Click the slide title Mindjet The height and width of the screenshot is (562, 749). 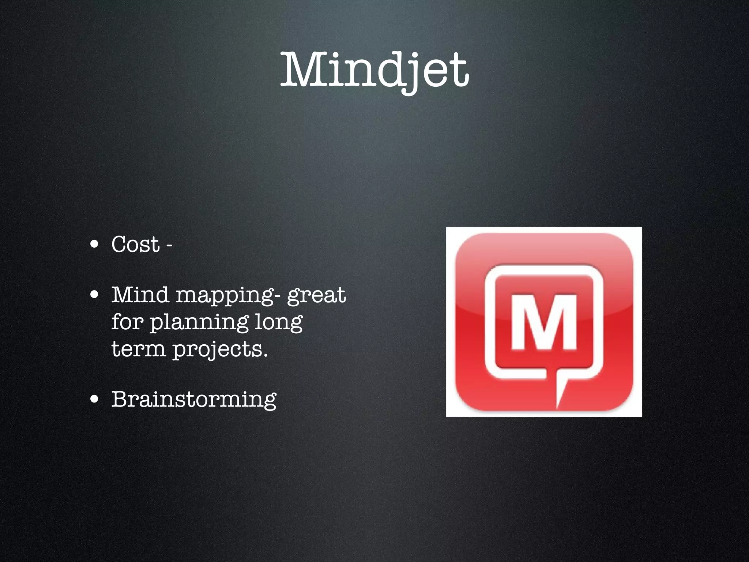[x=374, y=70]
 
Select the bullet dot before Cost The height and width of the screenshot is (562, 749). [x=95, y=244]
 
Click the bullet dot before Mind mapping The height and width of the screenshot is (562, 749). [x=95, y=295]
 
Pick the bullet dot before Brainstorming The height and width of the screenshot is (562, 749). [x=95, y=399]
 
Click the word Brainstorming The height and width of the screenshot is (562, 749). [x=194, y=399]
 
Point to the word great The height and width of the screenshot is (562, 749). [x=316, y=296]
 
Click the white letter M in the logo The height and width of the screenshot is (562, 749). [x=544, y=322]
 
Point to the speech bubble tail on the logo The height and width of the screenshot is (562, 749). [x=561, y=393]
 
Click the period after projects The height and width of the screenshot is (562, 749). [x=265, y=355]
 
